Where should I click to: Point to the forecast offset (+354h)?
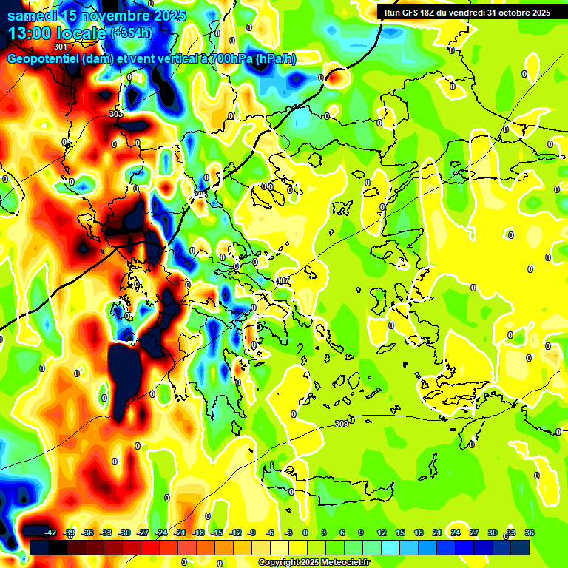(x=131, y=33)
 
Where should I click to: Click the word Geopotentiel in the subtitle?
(x=44, y=58)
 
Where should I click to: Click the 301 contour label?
(x=61, y=46)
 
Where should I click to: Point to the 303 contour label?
(x=115, y=114)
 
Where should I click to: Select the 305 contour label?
(x=200, y=194)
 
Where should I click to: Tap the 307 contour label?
(x=282, y=280)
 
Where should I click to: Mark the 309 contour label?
(x=341, y=424)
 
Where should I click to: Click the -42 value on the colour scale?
(x=50, y=532)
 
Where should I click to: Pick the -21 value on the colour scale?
(x=179, y=532)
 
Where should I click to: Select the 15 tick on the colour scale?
(x=399, y=532)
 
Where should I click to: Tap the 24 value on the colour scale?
(x=455, y=532)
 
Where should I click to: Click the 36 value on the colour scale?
(x=529, y=532)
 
